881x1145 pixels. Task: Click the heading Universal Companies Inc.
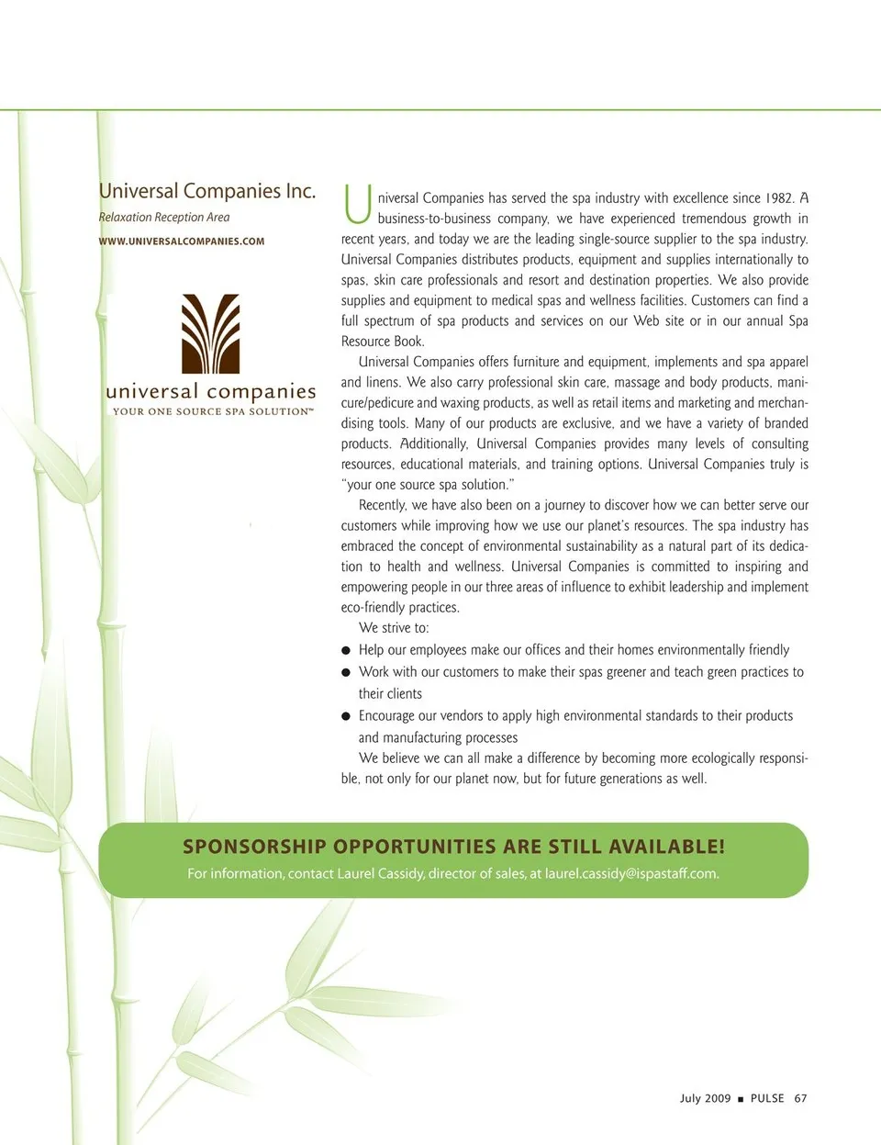[x=206, y=191]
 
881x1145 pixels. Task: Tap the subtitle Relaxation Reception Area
[x=164, y=218]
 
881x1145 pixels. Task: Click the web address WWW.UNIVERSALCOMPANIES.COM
[x=181, y=241]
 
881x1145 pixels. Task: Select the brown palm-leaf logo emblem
[x=210, y=333]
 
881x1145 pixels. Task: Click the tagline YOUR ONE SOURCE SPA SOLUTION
[x=212, y=412]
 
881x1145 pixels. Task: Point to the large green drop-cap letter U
[x=357, y=205]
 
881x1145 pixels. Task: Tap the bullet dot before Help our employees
[x=346, y=651]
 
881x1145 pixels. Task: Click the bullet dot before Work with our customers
[x=346, y=673]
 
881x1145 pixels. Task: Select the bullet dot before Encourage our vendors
[x=346, y=717]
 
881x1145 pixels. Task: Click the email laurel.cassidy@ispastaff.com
[x=631, y=874]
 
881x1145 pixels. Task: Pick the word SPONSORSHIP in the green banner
[x=254, y=847]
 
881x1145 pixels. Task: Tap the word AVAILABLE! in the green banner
[x=667, y=847]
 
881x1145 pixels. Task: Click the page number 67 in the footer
[x=800, y=1098]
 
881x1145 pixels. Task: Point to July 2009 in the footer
[x=705, y=1098]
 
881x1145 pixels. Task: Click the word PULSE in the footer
[x=767, y=1098]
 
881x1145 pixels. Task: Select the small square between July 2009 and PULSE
[x=741, y=1099]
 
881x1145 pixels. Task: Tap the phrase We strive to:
[x=394, y=628]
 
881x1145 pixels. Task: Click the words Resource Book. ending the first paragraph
[x=383, y=342]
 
